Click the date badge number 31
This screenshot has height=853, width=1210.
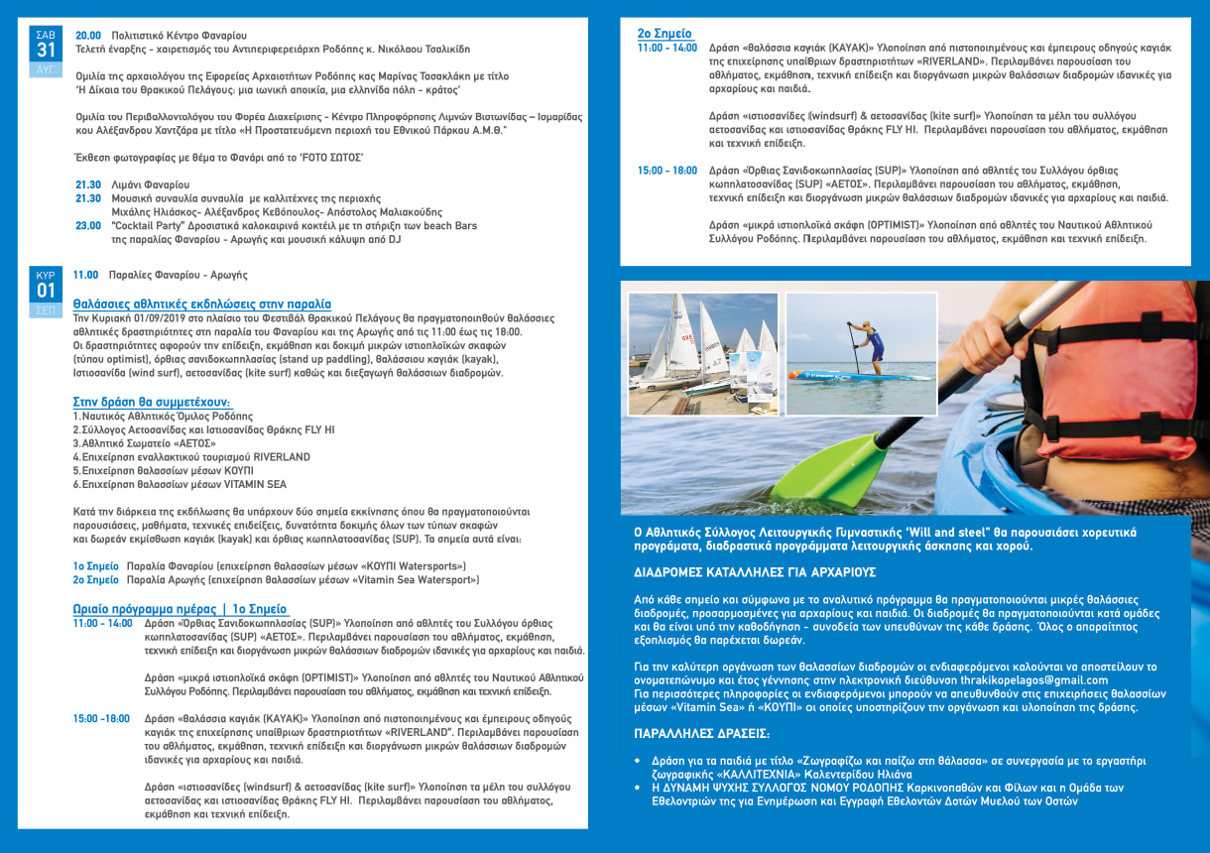click(47, 51)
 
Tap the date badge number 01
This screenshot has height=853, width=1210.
click(47, 291)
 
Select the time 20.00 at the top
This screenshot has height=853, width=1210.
click(88, 35)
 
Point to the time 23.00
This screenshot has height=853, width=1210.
click(88, 225)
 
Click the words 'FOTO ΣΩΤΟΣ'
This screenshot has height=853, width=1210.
click(332, 158)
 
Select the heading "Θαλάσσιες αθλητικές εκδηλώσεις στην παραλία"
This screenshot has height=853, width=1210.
click(202, 304)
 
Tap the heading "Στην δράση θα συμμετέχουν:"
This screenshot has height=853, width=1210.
click(152, 402)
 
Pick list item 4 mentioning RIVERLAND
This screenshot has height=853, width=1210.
click(191, 457)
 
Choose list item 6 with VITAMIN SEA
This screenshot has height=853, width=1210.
click(180, 484)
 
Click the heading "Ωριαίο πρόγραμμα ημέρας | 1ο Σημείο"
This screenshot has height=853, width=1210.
click(180, 608)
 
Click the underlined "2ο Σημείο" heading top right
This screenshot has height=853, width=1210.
click(665, 34)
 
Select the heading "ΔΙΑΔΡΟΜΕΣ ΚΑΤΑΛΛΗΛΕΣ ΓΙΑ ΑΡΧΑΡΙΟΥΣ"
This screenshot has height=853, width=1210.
click(755, 573)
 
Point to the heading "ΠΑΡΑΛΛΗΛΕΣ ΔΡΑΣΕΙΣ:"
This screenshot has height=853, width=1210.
click(701, 734)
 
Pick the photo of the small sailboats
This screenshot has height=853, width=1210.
click(702, 353)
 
